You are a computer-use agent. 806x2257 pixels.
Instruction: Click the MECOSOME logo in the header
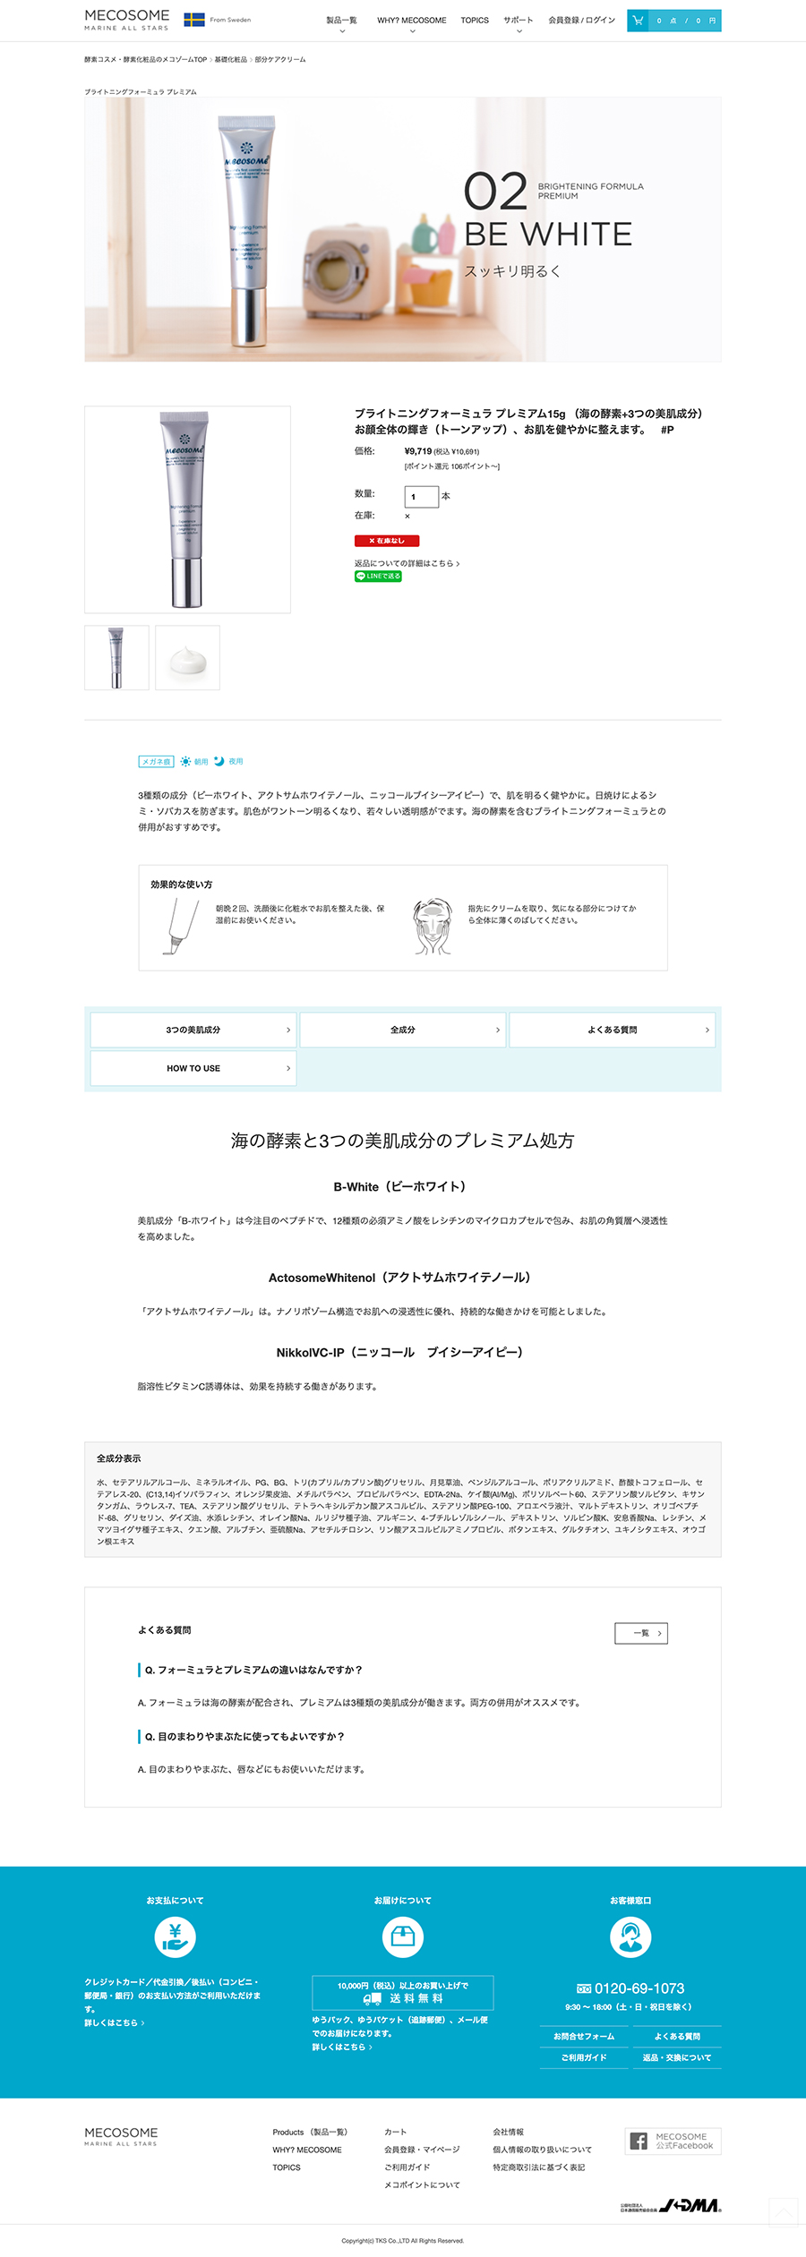(126, 19)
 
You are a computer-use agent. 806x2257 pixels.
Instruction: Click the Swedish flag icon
(194, 20)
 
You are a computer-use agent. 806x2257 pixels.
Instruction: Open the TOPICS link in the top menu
(475, 20)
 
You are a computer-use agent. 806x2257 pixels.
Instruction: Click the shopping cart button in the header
(673, 20)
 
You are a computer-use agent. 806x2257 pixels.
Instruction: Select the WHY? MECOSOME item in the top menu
(411, 20)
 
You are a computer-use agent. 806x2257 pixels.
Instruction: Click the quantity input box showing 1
(421, 496)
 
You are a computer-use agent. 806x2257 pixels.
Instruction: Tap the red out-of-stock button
(386, 541)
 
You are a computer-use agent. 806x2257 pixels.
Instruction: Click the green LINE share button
(378, 577)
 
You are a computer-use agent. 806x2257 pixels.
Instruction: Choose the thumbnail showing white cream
(187, 658)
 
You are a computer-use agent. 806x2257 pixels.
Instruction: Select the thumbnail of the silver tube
(116, 658)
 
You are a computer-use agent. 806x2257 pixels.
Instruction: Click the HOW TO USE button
(193, 1068)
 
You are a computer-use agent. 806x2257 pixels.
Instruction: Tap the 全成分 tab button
(402, 1030)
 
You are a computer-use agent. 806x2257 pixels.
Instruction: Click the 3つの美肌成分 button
(193, 1030)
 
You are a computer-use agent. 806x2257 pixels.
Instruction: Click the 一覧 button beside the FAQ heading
(640, 1633)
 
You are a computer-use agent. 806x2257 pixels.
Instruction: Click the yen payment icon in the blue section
(176, 1936)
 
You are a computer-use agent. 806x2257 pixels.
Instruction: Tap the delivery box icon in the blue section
(403, 1936)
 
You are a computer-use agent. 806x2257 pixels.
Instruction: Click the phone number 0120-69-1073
(631, 1988)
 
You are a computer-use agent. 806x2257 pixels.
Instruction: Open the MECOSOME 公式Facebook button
(673, 2141)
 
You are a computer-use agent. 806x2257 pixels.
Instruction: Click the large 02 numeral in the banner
(494, 192)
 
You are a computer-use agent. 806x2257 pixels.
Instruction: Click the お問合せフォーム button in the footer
(584, 2036)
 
